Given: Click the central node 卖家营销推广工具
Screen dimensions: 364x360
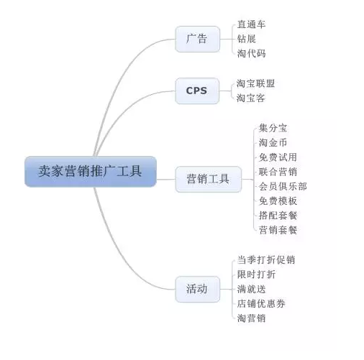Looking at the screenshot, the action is pyautogui.click(x=91, y=171).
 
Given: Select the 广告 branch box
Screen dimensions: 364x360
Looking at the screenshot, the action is pyautogui.click(x=197, y=39).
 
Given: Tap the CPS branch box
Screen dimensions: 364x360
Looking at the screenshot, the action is pyautogui.click(x=197, y=91).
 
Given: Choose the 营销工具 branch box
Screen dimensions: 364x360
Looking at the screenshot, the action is pyautogui.click(x=208, y=179).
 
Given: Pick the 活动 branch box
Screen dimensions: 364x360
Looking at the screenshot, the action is pyautogui.click(x=197, y=289).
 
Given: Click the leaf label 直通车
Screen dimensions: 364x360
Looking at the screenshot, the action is pyautogui.click(x=251, y=24).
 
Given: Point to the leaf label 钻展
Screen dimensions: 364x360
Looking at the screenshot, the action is pyautogui.click(x=247, y=39).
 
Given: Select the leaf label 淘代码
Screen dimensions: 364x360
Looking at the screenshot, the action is pyautogui.click(x=251, y=53).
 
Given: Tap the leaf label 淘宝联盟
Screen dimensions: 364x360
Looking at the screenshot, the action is pyautogui.click(x=255, y=83).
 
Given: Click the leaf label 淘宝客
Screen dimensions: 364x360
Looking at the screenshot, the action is pyautogui.click(x=251, y=98).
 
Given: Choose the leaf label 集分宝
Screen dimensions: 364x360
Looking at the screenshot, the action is pyautogui.click(x=273, y=128).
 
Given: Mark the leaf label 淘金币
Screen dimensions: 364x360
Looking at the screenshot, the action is pyautogui.click(x=273, y=143).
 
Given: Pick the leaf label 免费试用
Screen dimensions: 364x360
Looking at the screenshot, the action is pyautogui.click(x=278, y=157).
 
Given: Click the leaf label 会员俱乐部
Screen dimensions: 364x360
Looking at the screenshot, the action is pyautogui.click(x=283, y=186).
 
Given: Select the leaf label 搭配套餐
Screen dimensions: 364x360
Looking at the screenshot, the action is pyautogui.click(x=278, y=216).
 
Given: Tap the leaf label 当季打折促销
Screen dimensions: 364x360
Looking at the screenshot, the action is pyautogui.click(x=266, y=260).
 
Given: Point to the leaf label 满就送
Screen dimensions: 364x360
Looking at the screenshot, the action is pyautogui.click(x=251, y=289).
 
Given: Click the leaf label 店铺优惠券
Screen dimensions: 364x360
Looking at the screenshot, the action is pyautogui.click(x=261, y=304).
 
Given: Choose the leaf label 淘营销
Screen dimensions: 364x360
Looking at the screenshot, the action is pyautogui.click(x=251, y=318).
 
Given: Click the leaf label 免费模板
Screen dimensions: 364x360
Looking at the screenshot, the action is pyautogui.click(x=278, y=201).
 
